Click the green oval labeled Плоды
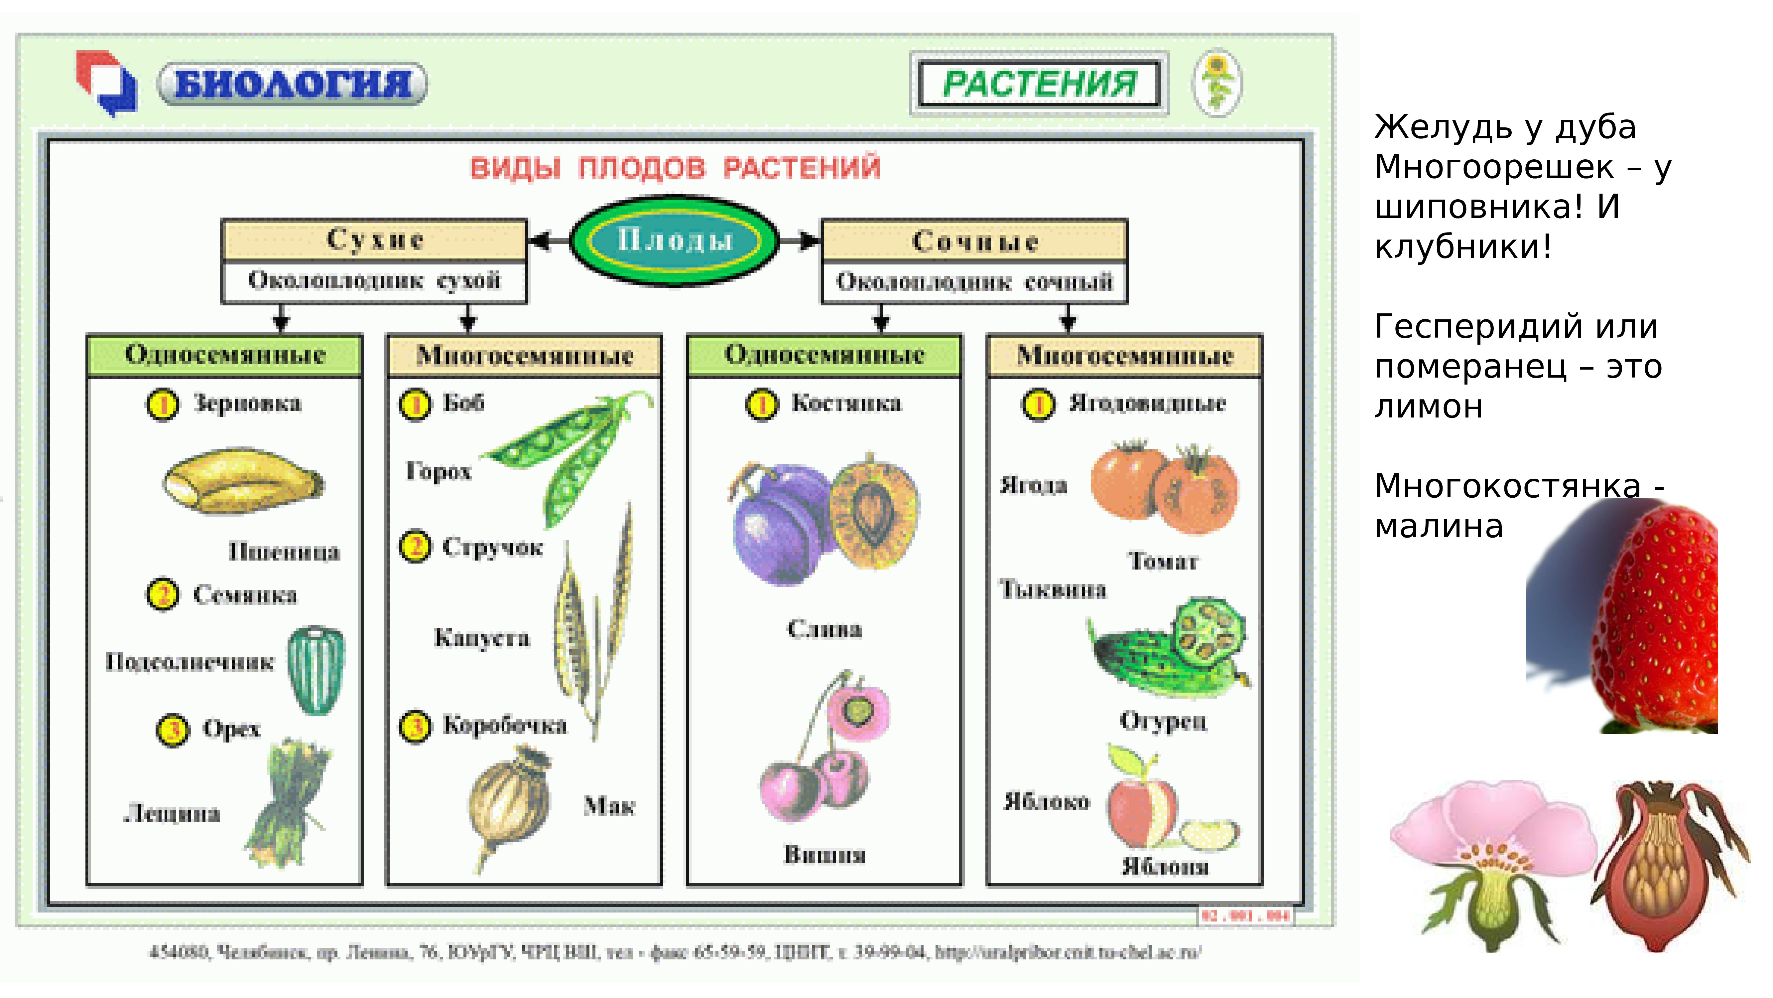click(675, 241)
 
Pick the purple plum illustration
click(781, 523)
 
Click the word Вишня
click(824, 855)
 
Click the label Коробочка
click(505, 725)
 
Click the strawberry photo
click(1652, 620)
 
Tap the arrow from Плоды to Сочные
click(801, 241)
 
